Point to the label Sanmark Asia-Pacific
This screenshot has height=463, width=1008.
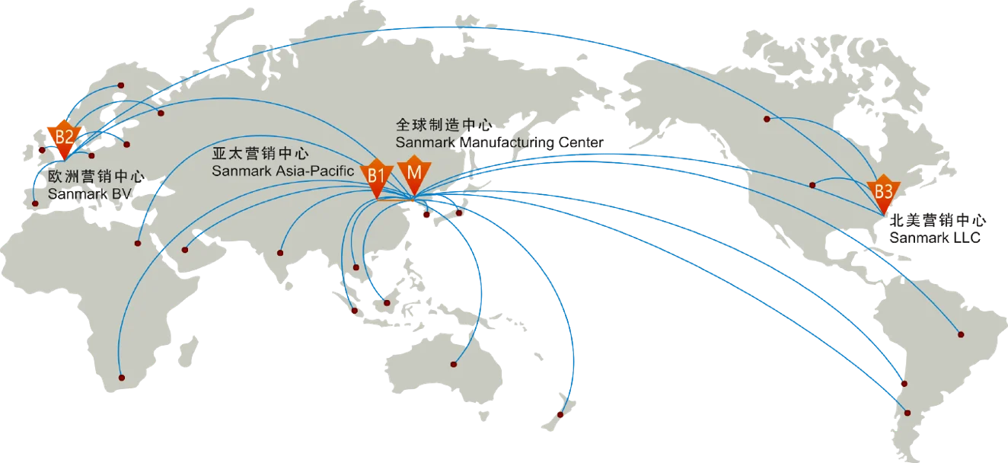click(283, 171)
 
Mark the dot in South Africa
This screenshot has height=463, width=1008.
click(120, 377)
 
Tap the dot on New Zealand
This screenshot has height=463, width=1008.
click(560, 415)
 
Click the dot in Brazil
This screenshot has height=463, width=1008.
click(961, 334)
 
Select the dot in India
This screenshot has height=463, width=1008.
click(279, 252)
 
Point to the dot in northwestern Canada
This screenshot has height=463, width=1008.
click(767, 120)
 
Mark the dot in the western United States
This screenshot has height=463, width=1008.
click(813, 184)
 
